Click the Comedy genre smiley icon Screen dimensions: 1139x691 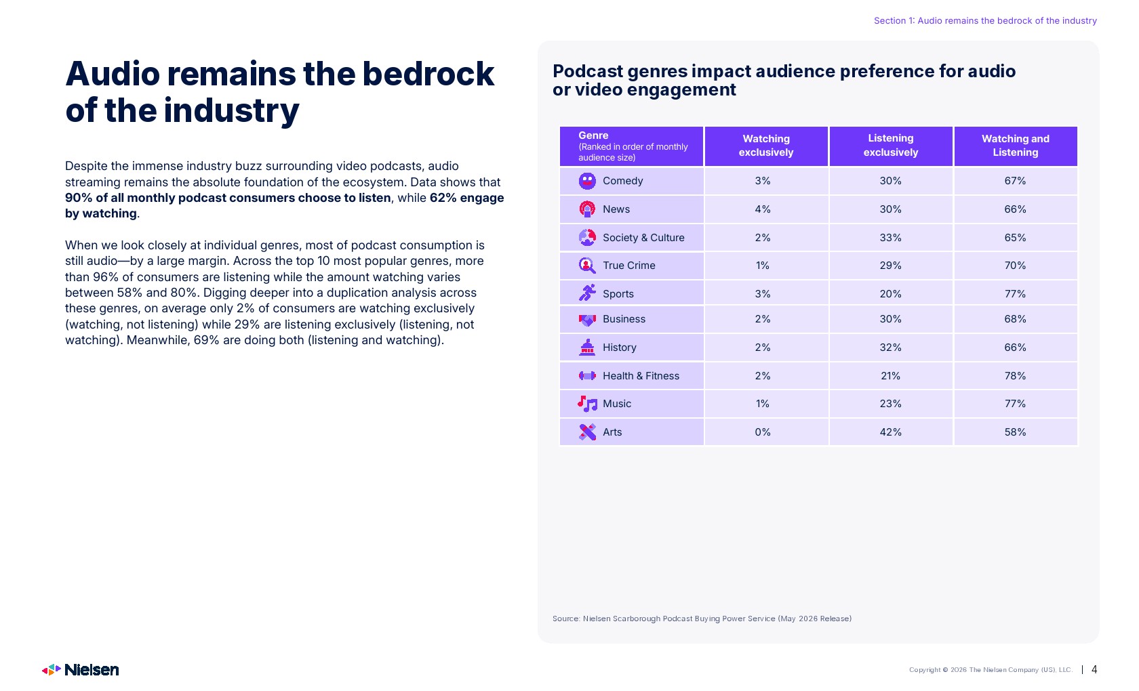[x=587, y=181]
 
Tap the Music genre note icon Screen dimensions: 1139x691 [x=587, y=404]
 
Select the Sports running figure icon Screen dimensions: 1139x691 [x=587, y=293]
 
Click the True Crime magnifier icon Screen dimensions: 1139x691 [x=587, y=266]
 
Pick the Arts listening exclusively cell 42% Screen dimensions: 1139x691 [x=890, y=432]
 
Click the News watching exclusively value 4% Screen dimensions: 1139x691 [x=762, y=209]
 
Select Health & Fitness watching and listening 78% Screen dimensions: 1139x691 [x=1015, y=376]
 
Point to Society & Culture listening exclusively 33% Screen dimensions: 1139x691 [x=890, y=238]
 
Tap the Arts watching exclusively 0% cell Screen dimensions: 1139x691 [x=762, y=432]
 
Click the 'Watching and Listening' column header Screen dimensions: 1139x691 [x=1016, y=145]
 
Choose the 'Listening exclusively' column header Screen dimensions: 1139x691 [x=891, y=145]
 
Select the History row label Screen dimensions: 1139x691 [x=620, y=348]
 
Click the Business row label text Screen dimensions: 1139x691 [x=624, y=319]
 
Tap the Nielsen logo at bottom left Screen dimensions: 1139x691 [x=80, y=669]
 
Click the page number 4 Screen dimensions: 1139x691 [x=1094, y=669]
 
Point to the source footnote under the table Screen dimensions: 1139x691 [x=702, y=619]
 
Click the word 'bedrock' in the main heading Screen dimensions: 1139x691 [x=428, y=75]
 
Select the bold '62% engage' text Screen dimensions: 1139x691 [x=466, y=198]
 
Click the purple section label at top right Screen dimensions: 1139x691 [x=985, y=21]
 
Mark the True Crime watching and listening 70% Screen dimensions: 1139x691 [x=1015, y=266]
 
